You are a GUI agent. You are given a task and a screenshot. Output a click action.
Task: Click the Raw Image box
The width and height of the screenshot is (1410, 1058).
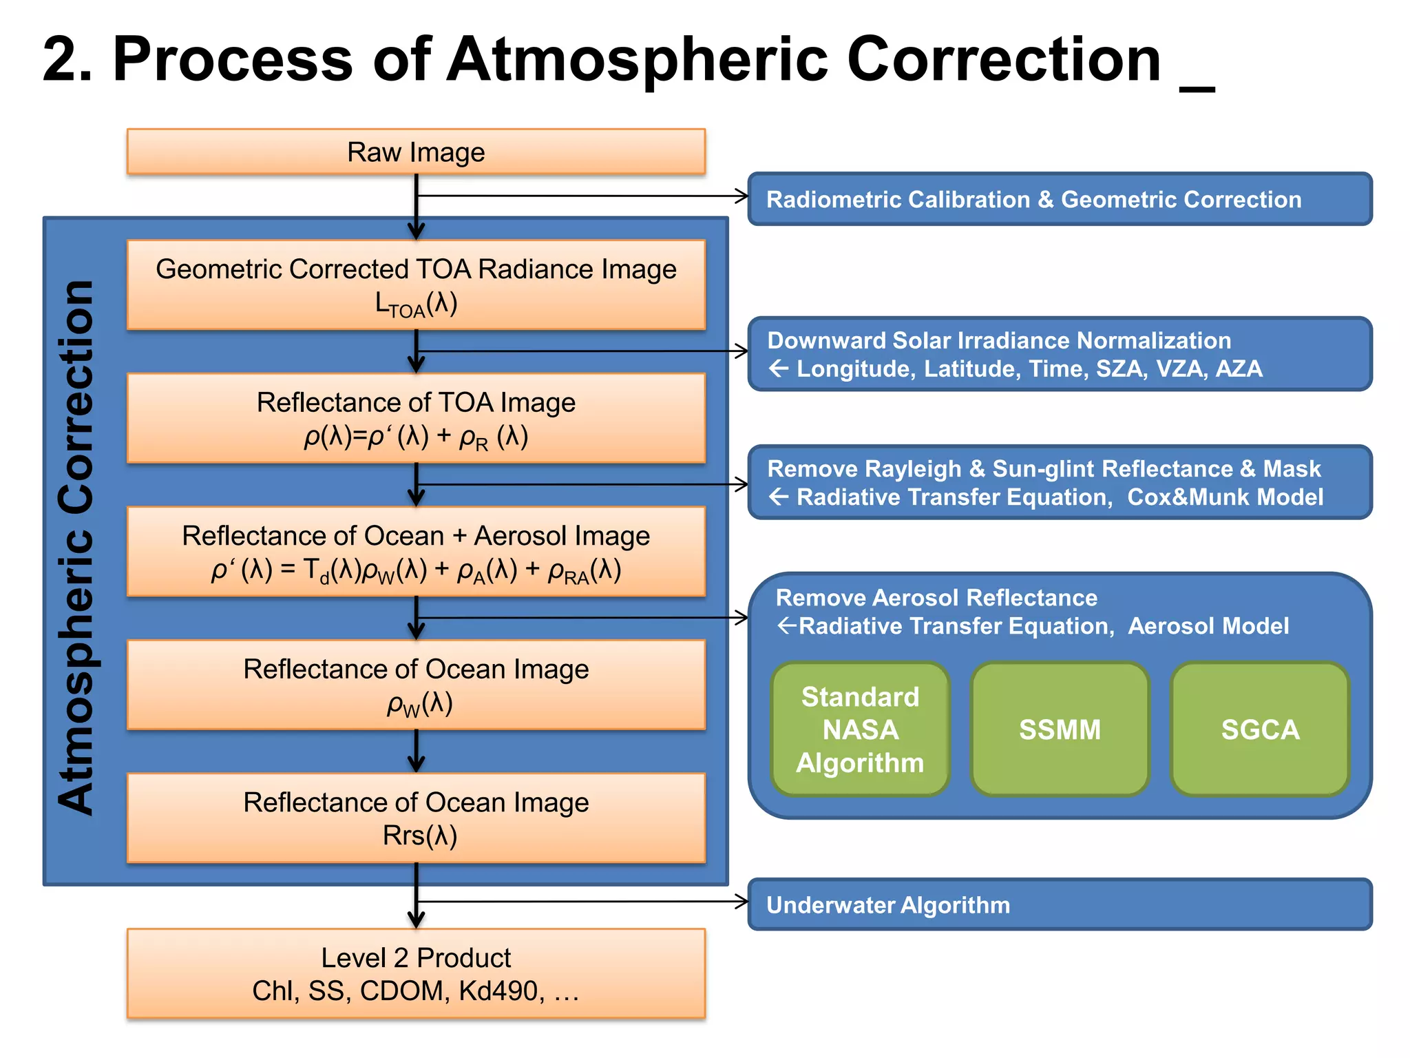tap(416, 152)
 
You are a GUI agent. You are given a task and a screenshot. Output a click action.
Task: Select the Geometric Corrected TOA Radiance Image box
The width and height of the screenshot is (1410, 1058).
tap(416, 284)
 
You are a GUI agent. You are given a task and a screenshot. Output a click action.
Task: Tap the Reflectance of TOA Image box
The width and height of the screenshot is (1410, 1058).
tap(416, 418)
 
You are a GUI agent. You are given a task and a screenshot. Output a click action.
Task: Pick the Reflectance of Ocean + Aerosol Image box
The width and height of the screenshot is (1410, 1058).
tap(416, 551)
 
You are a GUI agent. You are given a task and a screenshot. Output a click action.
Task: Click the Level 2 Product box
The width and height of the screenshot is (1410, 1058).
tap(416, 973)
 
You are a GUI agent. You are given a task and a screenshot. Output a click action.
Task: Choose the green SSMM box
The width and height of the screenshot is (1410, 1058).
tap(1060, 729)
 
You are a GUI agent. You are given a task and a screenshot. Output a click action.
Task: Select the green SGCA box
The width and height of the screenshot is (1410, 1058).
tap(1260, 729)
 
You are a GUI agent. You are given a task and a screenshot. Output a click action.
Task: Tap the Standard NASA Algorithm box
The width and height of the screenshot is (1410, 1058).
tap(860, 729)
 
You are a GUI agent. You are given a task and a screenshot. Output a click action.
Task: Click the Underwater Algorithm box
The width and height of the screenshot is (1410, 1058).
tap(1060, 904)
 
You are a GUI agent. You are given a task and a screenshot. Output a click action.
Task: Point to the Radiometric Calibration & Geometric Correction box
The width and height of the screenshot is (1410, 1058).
tap(1060, 199)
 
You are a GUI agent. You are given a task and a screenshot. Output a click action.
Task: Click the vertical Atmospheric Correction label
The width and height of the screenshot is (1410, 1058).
tap(76, 548)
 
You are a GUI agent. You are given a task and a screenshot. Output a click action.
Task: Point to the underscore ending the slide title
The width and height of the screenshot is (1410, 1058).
tap(1197, 87)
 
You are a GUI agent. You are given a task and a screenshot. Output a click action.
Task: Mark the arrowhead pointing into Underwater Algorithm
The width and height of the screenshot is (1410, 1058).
tap(743, 901)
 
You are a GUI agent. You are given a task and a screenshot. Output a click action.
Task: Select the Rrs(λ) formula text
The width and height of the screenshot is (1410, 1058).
tap(420, 836)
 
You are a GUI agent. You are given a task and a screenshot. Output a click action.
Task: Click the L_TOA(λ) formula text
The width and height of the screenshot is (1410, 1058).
tap(416, 304)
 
